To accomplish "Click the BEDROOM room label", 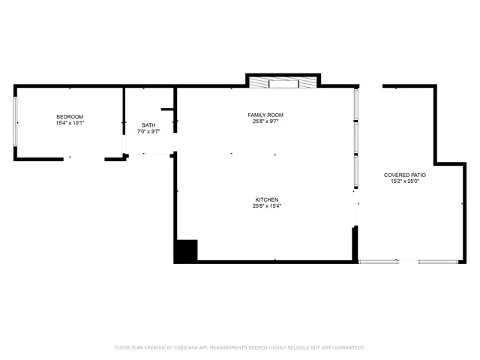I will [x=70, y=116].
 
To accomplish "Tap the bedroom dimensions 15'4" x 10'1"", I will [x=70, y=123].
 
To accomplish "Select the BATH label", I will [x=149, y=124].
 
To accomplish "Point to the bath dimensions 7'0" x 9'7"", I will [x=149, y=131].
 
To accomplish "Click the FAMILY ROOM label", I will [x=265, y=115].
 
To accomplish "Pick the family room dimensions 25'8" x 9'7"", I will [x=265, y=121].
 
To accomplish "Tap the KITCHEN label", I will [x=266, y=199].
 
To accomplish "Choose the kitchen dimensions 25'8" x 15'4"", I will [x=266, y=206].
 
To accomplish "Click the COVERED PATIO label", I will [x=405, y=175].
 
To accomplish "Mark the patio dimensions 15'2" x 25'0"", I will [x=405, y=181].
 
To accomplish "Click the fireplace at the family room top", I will [x=283, y=82].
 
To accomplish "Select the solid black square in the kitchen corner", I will [x=185, y=250].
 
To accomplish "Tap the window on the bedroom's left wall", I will [x=16, y=123].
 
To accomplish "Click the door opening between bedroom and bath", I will [x=124, y=144].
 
